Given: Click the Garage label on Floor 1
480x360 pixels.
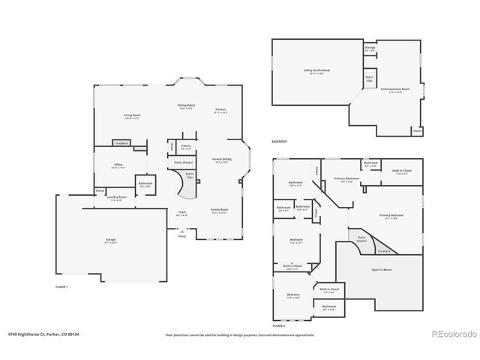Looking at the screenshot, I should (x=111, y=241).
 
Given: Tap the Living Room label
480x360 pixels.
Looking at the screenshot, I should (x=132, y=116).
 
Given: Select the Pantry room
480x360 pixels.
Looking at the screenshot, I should (x=185, y=148).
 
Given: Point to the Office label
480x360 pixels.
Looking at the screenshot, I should (x=118, y=166).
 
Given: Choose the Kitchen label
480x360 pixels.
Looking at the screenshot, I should (x=220, y=111).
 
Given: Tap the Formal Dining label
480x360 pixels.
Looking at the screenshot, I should (x=221, y=160).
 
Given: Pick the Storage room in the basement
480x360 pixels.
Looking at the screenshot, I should (x=370, y=48).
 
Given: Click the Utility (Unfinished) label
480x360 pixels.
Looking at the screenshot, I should (x=316, y=71).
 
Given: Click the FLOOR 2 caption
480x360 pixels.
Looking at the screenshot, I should (x=279, y=326).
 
